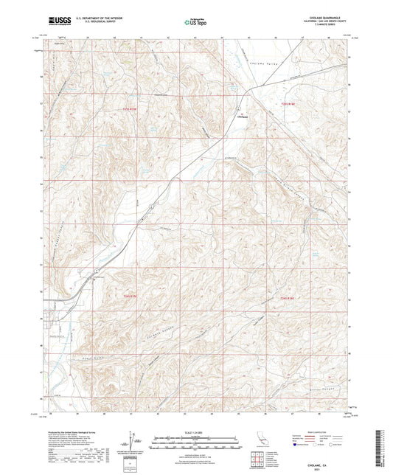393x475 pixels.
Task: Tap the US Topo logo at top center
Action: (196, 23)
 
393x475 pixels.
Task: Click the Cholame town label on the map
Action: (241, 114)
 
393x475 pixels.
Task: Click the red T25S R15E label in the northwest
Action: (131, 108)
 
